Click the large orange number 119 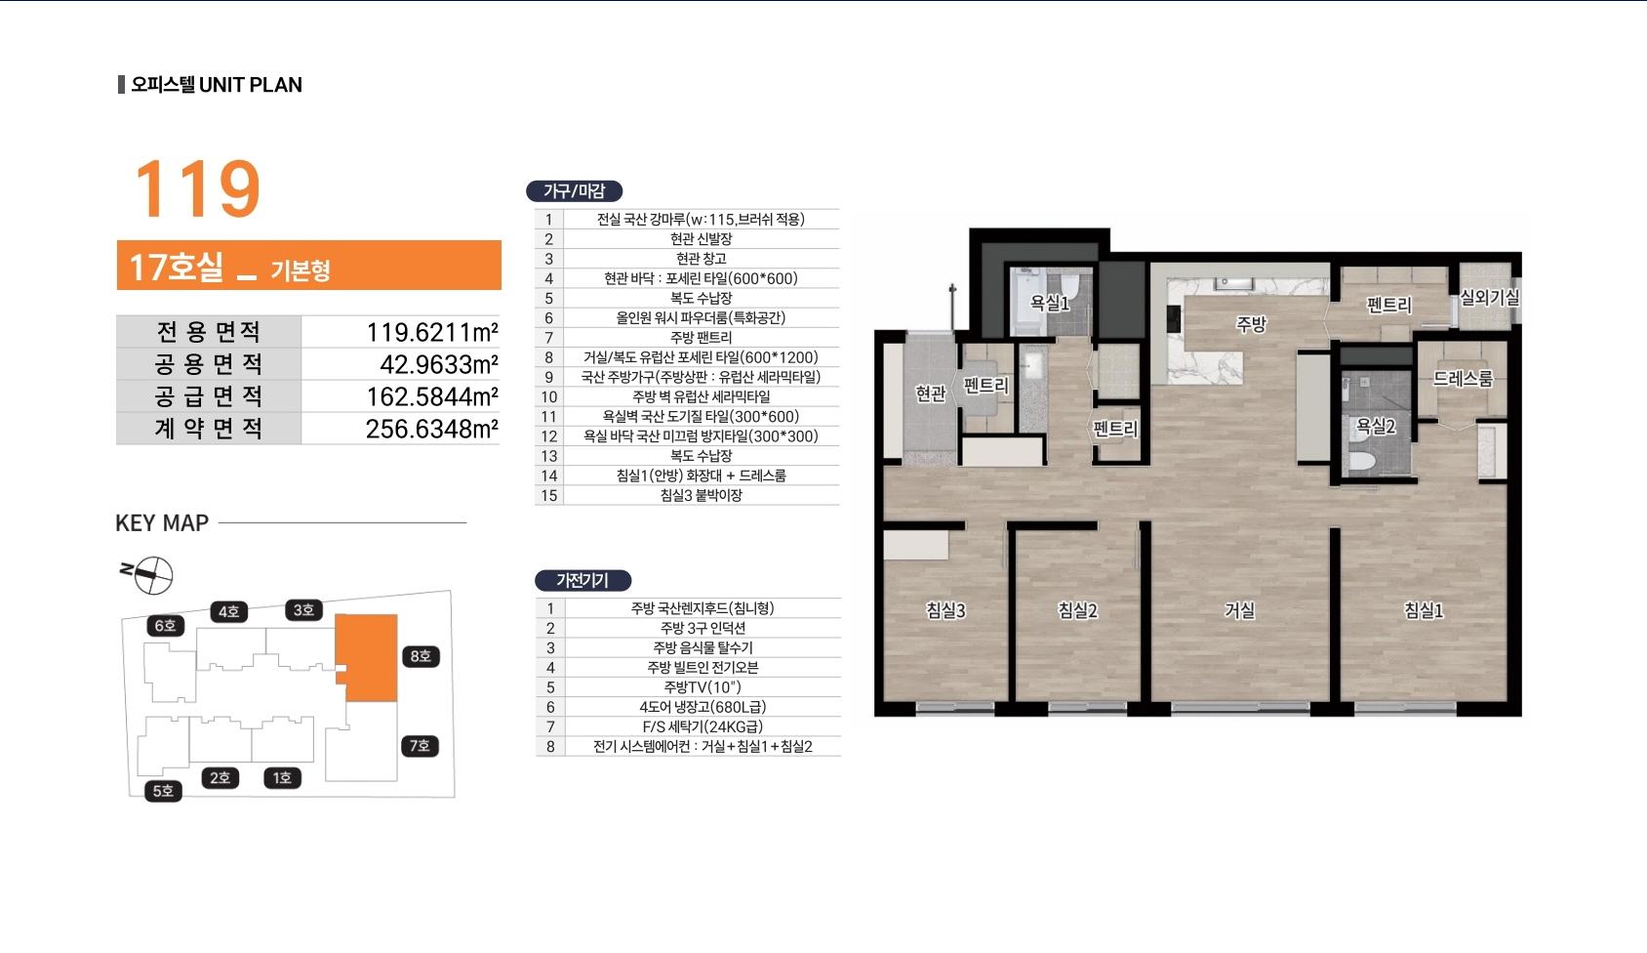point(197,188)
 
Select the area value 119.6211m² point(432,333)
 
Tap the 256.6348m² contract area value point(431,429)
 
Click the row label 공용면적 point(208,364)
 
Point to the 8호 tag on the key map point(421,656)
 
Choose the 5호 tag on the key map point(163,791)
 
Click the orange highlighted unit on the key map point(367,657)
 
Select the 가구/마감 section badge point(575,191)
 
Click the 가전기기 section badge point(582,581)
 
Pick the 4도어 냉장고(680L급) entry point(703,707)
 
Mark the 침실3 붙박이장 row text point(702,495)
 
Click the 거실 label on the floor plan point(1240,610)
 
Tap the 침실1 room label point(1424,610)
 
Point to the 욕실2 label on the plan point(1376,426)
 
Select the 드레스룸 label point(1464,378)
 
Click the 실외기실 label point(1490,297)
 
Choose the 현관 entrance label point(930,394)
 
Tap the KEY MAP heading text point(163,522)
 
